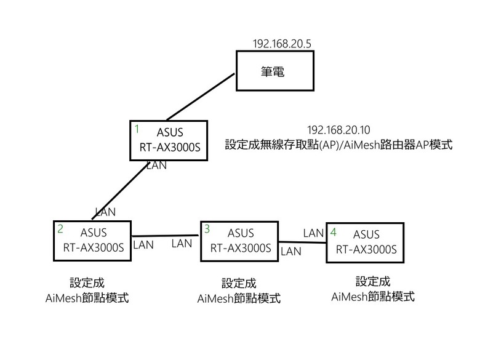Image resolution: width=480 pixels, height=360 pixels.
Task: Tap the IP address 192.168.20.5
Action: click(281, 44)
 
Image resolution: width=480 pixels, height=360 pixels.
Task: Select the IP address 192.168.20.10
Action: click(338, 130)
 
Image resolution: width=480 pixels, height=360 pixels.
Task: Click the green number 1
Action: click(137, 129)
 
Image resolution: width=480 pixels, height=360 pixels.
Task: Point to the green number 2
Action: click(60, 229)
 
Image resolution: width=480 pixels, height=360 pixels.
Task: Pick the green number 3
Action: click(207, 229)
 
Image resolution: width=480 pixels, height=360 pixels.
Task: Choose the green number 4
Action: click(333, 232)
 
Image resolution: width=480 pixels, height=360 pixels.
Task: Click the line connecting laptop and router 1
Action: click(200, 97)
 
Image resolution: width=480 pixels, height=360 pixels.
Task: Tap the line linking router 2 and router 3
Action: click(166, 234)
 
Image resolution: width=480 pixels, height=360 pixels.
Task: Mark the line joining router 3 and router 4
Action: click(302, 241)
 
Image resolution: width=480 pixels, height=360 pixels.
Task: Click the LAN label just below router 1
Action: click(156, 165)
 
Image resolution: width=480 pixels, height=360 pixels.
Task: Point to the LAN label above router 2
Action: click(105, 211)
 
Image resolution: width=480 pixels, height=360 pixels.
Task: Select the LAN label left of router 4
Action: click(313, 233)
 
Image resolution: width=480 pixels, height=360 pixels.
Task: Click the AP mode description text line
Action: click(338, 145)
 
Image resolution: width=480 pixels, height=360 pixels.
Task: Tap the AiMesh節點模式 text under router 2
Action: click(87, 298)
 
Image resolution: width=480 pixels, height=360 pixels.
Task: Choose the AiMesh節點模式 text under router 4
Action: click(372, 297)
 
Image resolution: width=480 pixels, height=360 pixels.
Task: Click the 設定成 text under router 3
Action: click(239, 284)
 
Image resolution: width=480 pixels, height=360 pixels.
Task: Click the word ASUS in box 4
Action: click(366, 234)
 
